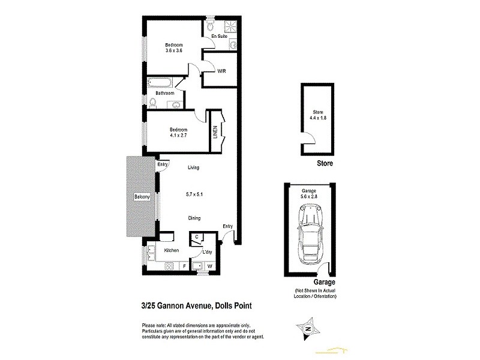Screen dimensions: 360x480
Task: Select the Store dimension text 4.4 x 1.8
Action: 318,118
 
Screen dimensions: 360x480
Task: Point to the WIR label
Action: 213,70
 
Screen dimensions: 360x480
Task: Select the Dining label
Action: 193,218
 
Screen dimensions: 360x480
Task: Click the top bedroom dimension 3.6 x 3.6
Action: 174,51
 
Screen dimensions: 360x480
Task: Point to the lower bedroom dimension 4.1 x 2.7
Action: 178,136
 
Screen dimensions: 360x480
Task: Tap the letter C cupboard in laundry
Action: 197,238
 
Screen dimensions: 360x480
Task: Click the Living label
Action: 193,167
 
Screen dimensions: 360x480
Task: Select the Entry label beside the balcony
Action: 162,164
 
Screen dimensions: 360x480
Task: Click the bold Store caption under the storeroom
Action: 324,163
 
